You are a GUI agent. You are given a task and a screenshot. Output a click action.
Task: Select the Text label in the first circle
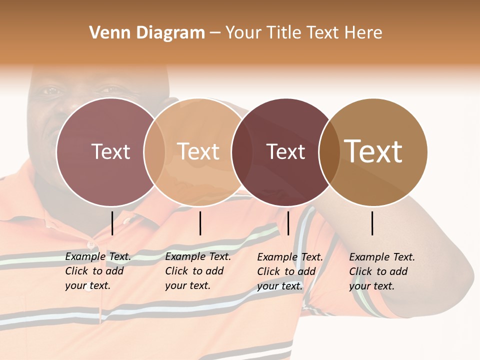(x=110, y=151)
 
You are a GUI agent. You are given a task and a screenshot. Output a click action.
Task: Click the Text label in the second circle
(x=198, y=151)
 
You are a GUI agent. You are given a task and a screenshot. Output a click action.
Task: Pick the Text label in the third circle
(x=286, y=151)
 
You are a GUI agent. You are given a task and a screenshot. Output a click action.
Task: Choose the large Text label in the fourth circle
(x=373, y=151)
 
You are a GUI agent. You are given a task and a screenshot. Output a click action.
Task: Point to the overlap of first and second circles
(x=154, y=151)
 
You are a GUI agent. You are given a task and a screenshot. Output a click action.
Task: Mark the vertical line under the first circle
(x=112, y=223)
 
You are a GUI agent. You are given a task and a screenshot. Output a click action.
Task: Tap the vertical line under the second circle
(x=200, y=223)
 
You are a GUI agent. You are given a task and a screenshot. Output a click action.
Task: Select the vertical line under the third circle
(x=288, y=223)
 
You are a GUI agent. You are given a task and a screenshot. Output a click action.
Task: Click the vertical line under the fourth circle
(x=372, y=223)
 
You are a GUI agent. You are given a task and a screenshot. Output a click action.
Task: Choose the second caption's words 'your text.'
(x=187, y=285)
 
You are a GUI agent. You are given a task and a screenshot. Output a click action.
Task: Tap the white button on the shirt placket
(x=90, y=245)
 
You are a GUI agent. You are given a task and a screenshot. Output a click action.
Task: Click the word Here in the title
(x=363, y=32)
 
